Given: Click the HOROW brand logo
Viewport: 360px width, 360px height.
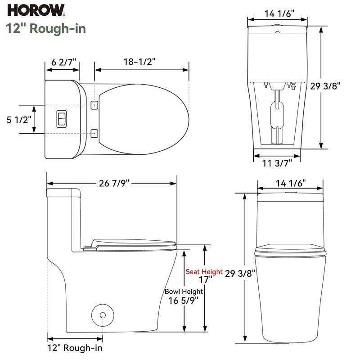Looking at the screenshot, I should (x=36, y=9).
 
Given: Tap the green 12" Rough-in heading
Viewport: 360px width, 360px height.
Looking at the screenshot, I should (x=46, y=28).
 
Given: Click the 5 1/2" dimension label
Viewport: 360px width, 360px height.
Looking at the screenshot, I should (x=18, y=120).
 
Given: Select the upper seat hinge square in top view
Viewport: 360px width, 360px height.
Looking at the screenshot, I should (x=94, y=105).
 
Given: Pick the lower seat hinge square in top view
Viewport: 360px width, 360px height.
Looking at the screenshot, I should (x=94, y=133).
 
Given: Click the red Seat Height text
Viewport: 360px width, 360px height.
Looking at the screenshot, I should (x=204, y=272).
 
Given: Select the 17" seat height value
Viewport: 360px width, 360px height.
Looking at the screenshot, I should (x=205, y=280).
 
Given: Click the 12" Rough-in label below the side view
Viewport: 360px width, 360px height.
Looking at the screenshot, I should (x=74, y=348).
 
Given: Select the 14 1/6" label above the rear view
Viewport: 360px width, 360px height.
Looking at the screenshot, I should (x=279, y=13).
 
